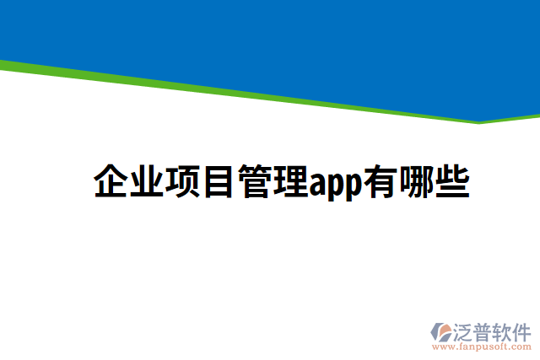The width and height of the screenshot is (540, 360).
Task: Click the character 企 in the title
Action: point(111,182)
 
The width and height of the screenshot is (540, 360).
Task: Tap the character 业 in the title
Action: point(146,182)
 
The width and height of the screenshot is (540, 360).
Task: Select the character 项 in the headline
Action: point(181,182)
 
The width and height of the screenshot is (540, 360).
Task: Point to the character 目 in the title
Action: point(217,182)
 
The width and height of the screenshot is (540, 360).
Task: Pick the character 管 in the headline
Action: point(253,182)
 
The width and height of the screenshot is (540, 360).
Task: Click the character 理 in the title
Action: point(289,182)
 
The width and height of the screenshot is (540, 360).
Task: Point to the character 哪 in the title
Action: point(416,182)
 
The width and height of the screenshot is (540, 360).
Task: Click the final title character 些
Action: point(452,182)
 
